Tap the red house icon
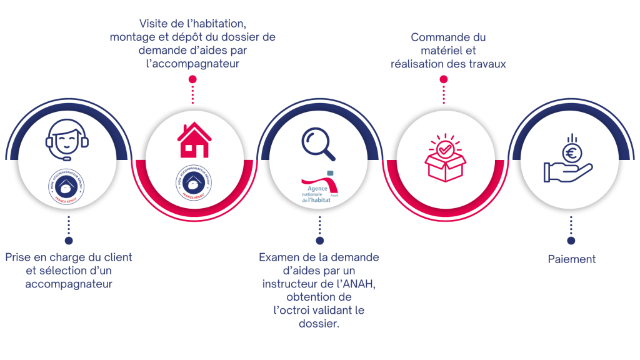click(193, 141)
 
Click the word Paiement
click(571, 259)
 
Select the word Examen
click(278, 257)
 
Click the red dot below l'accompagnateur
click(193, 79)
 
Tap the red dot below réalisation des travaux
click(444, 79)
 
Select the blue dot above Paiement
click(571, 241)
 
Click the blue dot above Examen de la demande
click(320, 241)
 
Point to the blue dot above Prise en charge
click(69, 241)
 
